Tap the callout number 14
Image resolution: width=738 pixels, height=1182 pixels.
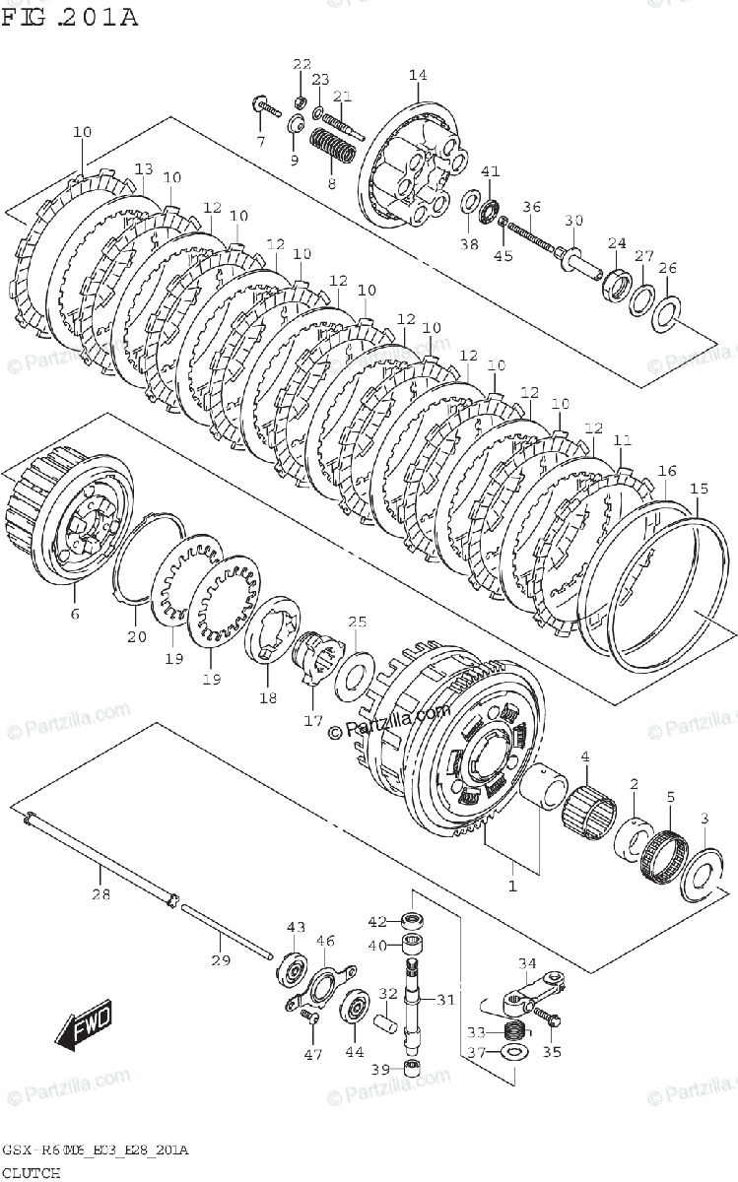tap(417, 76)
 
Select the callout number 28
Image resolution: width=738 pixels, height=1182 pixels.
tap(100, 895)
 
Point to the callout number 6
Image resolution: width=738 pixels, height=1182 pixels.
tap(75, 616)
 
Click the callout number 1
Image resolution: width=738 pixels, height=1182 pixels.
tap(511, 886)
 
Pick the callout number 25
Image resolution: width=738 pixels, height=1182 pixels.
tap(357, 622)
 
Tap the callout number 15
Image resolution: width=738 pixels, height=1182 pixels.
tap(699, 489)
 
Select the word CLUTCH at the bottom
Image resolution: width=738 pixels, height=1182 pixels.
tap(31, 1172)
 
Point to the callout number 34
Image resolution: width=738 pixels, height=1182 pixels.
tap(527, 963)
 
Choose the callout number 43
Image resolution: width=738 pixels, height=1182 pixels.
tap(296, 927)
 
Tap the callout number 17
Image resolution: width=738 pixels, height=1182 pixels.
tap(312, 721)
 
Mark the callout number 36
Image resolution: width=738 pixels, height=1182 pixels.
tap(532, 207)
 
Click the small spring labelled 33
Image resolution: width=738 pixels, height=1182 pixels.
tap(512, 1032)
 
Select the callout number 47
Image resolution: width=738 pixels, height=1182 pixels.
tap(312, 1055)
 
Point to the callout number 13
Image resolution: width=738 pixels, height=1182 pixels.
tap(144, 168)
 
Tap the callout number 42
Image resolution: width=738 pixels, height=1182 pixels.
tap(377, 922)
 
